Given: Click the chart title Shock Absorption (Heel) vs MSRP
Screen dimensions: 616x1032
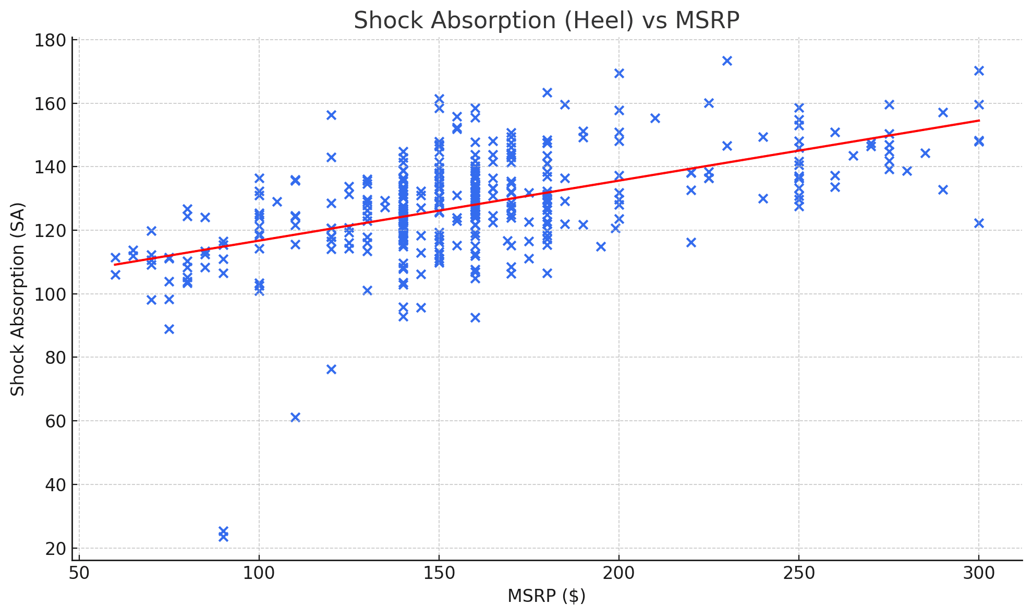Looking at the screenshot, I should pos(546,21).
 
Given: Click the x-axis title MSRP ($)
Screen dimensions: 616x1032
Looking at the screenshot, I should pos(546,596).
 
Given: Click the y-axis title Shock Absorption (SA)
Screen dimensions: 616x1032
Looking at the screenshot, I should pos(18,299).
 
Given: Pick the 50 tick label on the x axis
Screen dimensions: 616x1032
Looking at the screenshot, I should pos(79,573).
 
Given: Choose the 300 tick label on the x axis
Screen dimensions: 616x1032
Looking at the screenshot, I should pos(979,573).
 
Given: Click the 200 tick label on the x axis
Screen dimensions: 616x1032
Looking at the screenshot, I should pos(619,573).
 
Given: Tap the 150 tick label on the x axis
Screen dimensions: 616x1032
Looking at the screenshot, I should pos(439,573).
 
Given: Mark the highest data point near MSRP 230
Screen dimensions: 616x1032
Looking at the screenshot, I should pos(727,61).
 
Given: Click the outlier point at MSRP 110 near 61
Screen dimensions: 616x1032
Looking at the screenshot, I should pos(295,417).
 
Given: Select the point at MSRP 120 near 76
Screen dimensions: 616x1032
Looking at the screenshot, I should pos(331,369).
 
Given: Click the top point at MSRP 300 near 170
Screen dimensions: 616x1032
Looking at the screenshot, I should pos(979,70).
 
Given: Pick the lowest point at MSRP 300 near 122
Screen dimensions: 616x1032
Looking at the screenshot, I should pos(979,223).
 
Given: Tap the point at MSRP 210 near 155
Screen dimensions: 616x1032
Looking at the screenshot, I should pos(655,118).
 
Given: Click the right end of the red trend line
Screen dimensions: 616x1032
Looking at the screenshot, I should pos(979,121).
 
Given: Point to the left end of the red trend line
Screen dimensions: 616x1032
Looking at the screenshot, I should pos(115,265).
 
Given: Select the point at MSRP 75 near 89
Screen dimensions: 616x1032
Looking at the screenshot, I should pos(169,329).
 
